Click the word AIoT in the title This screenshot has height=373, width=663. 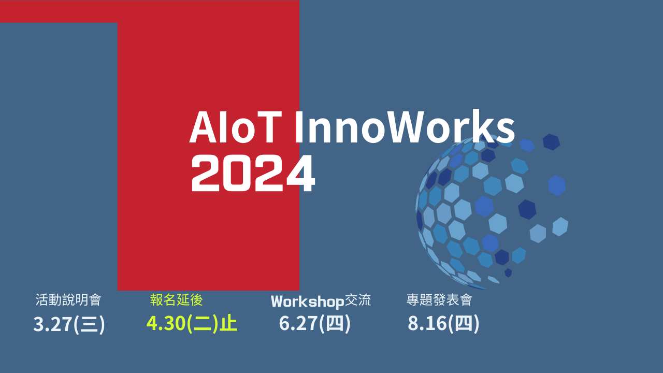236,127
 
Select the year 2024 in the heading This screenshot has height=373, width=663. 253,174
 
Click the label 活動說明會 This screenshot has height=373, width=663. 68,300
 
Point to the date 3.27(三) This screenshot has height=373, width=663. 69,324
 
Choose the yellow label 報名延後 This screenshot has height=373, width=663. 177,300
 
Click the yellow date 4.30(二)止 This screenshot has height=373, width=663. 192,323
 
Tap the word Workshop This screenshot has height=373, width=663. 308,302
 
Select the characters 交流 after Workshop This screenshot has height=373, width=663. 358,300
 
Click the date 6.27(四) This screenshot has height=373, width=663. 314,323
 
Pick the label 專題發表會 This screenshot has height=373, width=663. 439,300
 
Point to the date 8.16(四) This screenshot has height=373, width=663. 443,323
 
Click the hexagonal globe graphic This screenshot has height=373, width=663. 492,212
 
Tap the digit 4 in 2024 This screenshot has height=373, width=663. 301,174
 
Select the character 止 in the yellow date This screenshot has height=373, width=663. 228,323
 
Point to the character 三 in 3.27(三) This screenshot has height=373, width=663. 89,324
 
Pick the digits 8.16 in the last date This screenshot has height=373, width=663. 427,323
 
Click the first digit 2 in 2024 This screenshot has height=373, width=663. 205,174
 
